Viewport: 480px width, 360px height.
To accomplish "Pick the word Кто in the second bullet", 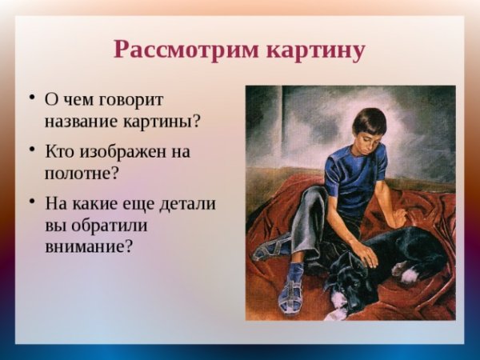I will pyautogui.click(x=62, y=151).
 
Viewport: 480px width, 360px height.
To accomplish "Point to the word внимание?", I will pyautogui.click(x=89, y=246).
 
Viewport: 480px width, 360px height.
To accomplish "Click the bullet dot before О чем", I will pyautogui.click(x=32, y=99).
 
